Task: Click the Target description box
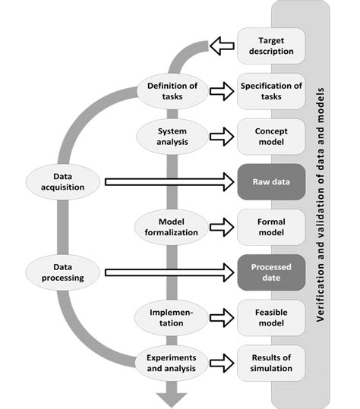(271, 46)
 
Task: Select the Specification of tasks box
(271, 91)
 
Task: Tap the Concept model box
(271, 137)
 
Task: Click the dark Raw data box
(271, 182)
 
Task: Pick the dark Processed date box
(271, 272)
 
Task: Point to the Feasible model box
(271, 317)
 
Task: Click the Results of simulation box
(271, 362)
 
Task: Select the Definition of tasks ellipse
(172, 91)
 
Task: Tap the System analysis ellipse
(172, 136)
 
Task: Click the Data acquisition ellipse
(64, 181)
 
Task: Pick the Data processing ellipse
(64, 272)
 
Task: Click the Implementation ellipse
(172, 317)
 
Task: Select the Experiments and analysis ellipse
(172, 362)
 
